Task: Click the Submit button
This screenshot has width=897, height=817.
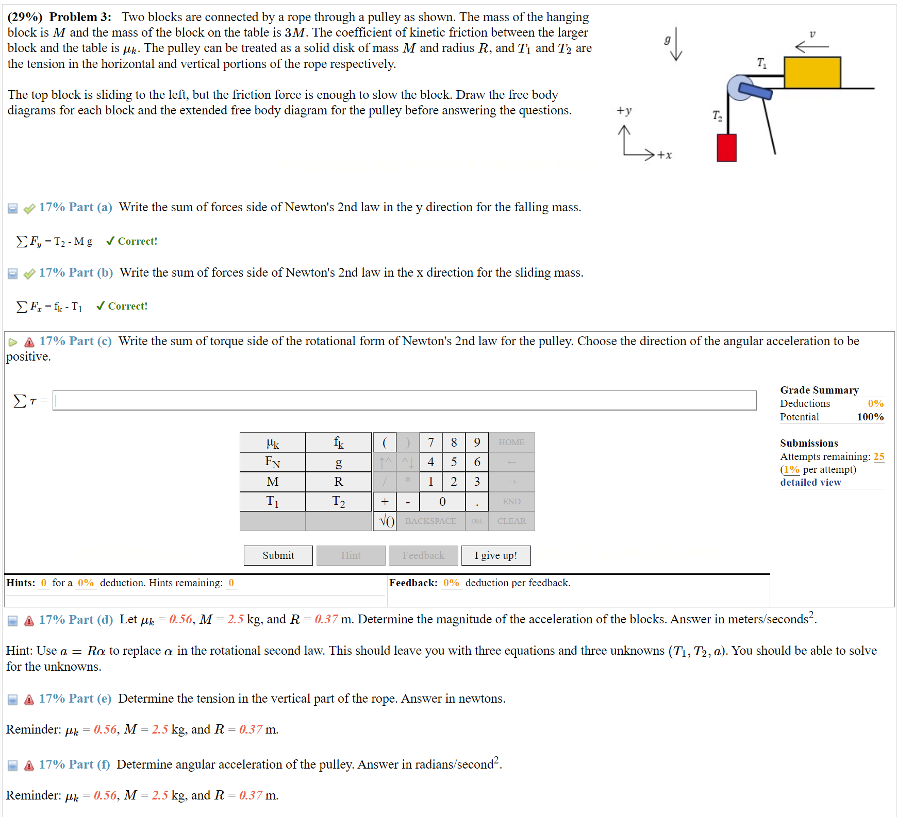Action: tap(278, 555)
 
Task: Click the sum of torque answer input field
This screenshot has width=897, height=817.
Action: tap(404, 401)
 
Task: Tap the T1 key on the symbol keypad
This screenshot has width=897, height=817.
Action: tap(272, 501)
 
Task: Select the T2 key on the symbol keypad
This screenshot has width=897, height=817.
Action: tap(338, 501)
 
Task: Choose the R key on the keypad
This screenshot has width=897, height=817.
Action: tap(338, 482)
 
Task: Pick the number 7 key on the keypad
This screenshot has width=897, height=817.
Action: tap(430, 442)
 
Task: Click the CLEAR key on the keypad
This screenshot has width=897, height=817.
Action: tap(511, 521)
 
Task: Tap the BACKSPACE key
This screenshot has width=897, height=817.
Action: tap(430, 521)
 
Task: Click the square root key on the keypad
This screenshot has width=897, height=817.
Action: tap(386, 521)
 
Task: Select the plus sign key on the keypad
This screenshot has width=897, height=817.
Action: tap(385, 501)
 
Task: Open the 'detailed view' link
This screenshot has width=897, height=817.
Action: tap(810, 483)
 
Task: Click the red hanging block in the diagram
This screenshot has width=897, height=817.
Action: tap(726, 148)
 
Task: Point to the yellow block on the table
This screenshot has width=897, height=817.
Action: tap(812, 73)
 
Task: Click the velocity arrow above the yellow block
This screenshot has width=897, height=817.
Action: tap(812, 47)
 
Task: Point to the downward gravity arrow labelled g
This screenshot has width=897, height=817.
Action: tap(676, 44)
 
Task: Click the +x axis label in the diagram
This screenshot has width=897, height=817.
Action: tap(665, 155)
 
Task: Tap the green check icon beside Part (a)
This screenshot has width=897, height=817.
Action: tap(29, 208)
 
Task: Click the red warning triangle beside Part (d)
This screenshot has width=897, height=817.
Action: tap(29, 621)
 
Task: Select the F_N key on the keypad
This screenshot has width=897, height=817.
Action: tap(272, 462)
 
